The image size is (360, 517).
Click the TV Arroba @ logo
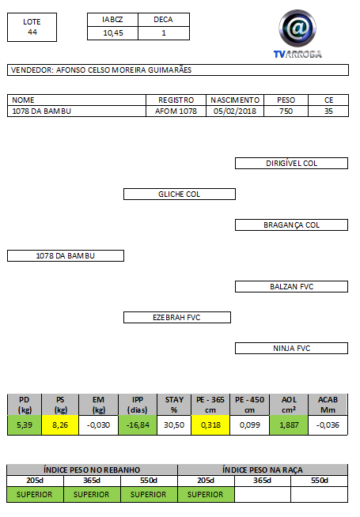[297, 34]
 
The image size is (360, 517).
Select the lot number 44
[32, 32]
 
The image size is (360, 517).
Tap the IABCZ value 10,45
[113, 33]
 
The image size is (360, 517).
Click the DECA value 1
[164, 33]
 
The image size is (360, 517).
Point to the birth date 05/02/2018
[235, 111]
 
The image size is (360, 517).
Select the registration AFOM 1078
[176, 111]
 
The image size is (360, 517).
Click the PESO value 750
[286, 111]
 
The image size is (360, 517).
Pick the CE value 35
[328, 111]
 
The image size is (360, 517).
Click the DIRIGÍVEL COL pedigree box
[291, 163]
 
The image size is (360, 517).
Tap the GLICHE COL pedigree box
[180, 194]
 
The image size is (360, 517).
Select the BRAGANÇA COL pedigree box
[291, 225]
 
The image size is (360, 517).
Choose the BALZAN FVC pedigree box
[291, 286]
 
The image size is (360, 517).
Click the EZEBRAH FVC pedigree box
[177, 318]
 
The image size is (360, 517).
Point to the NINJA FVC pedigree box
[291, 348]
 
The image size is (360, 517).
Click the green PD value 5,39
[25, 425]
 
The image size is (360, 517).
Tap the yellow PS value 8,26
[60, 425]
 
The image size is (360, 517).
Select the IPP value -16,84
[138, 425]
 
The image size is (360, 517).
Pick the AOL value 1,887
[289, 425]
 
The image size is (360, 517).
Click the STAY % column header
[174, 405]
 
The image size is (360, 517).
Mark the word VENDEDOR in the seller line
[32, 70]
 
